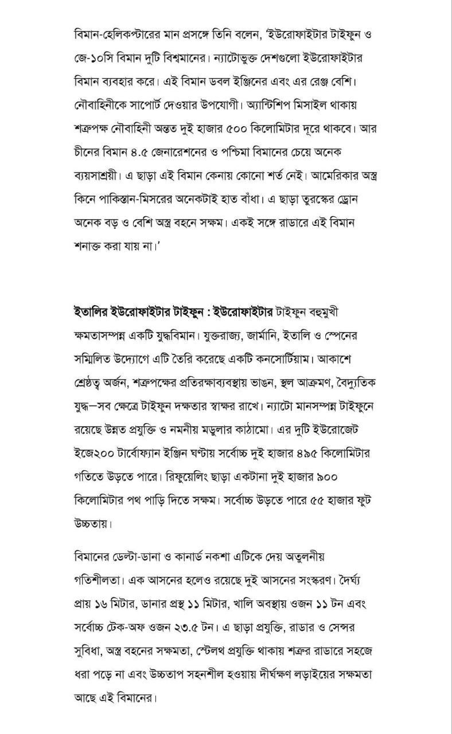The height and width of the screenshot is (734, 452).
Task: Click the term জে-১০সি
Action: point(95,58)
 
